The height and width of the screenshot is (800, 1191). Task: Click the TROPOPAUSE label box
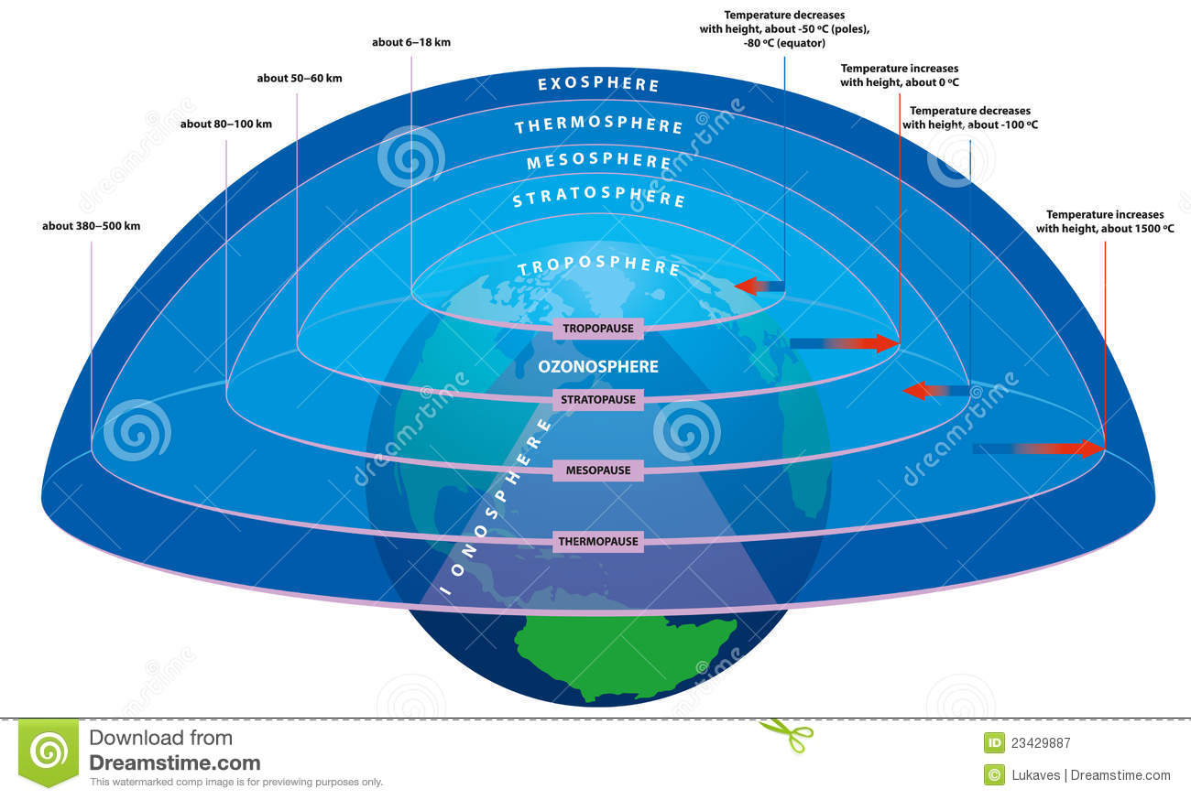click(x=598, y=329)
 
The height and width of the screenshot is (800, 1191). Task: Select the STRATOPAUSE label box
click(x=598, y=399)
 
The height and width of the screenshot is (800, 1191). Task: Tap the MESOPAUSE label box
click(x=598, y=470)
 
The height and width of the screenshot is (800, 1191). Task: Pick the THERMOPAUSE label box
click(x=598, y=542)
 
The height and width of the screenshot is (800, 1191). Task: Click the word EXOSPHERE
click(x=598, y=84)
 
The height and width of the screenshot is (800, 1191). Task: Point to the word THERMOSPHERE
click(x=598, y=125)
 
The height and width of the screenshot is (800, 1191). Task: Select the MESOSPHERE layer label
click(x=599, y=162)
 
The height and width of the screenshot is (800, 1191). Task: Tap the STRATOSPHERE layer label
click(x=598, y=199)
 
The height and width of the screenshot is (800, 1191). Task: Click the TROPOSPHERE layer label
click(x=598, y=267)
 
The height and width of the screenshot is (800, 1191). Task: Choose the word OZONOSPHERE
click(x=598, y=367)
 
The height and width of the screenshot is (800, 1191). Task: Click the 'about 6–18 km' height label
click(x=411, y=42)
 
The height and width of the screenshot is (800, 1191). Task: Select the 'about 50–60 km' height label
click(x=300, y=79)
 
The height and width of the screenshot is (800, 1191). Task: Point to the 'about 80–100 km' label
click(x=226, y=124)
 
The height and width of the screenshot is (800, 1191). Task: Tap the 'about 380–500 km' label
click(x=92, y=225)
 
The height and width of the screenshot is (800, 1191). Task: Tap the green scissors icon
click(x=786, y=732)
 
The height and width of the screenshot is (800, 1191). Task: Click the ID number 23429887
click(x=1041, y=743)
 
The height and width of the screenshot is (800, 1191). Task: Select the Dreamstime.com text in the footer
click(x=174, y=762)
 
